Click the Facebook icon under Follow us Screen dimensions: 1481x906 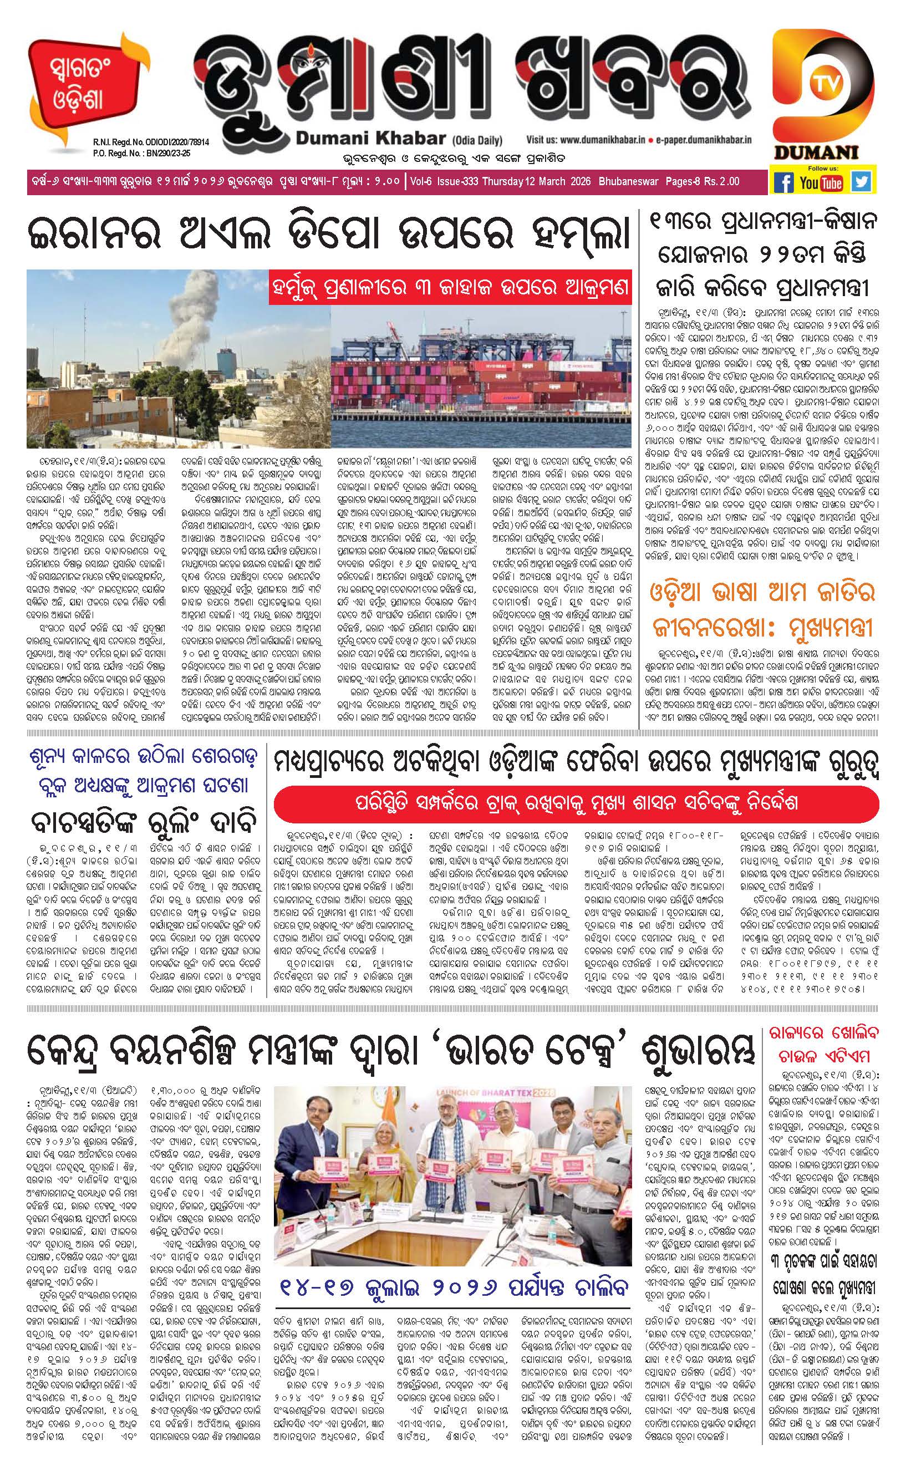783,181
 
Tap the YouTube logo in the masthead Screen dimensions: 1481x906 821,182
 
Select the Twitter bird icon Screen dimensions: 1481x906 861,181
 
